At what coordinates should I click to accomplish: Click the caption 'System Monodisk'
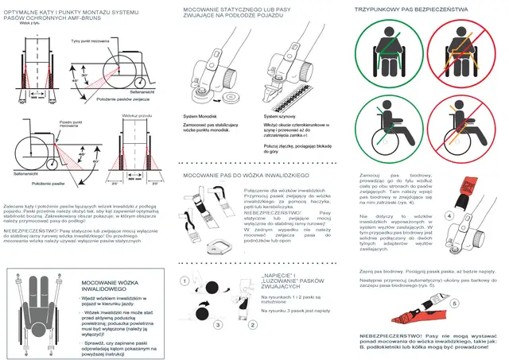202,114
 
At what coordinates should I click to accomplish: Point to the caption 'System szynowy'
280,114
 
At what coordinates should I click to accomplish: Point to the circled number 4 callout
449,215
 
